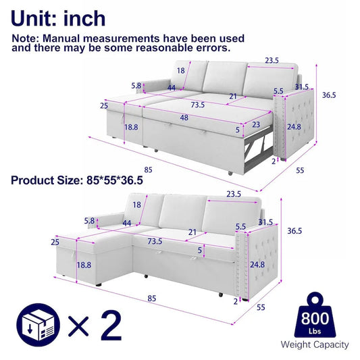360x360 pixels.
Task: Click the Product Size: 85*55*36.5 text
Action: pyautogui.click(x=76, y=180)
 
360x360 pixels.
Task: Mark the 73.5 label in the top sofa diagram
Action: pyautogui.click(x=197, y=105)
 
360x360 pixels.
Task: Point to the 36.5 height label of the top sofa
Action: pyautogui.click(x=329, y=95)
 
